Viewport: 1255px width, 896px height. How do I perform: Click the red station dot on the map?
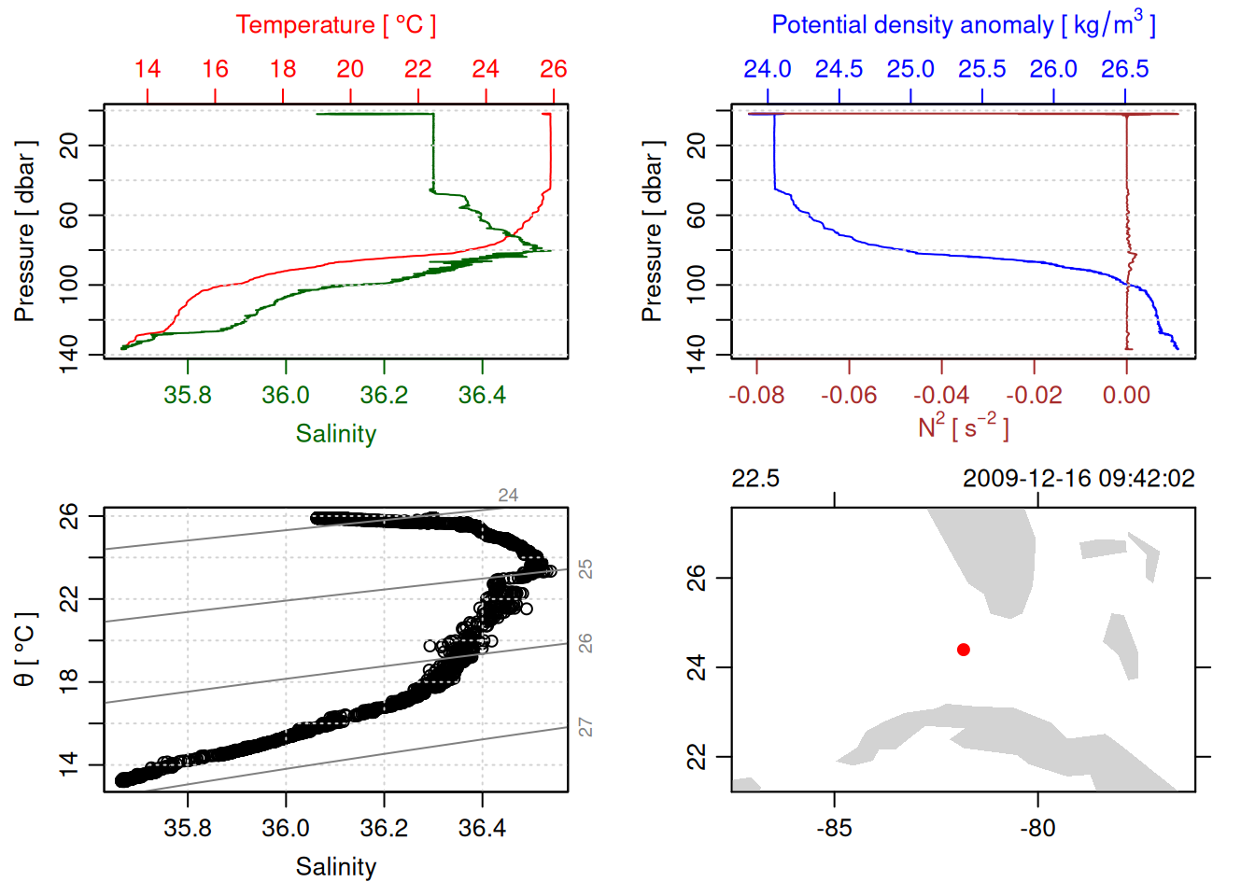pyautogui.click(x=963, y=649)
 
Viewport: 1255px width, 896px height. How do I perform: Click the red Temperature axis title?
pyautogui.click(x=335, y=24)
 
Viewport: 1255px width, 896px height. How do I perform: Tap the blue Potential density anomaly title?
pyautogui.click(x=963, y=24)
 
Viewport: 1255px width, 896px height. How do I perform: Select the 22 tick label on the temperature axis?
pyautogui.click(x=417, y=69)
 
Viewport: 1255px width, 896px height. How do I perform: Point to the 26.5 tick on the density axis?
pyautogui.click(x=1124, y=69)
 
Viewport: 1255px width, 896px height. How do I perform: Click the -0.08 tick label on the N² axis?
pyautogui.click(x=756, y=395)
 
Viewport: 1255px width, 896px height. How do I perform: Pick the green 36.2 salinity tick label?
pyautogui.click(x=384, y=395)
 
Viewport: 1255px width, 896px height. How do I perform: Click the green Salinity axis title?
pyautogui.click(x=335, y=434)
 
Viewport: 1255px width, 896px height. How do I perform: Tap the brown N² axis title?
pyautogui.click(x=963, y=427)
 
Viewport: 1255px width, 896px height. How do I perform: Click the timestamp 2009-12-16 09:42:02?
pyautogui.click(x=1079, y=479)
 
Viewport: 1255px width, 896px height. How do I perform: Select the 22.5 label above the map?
pyautogui.click(x=754, y=479)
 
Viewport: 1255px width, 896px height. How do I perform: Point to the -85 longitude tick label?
pyautogui.click(x=834, y=828)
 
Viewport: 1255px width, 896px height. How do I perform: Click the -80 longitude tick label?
pyautogui.click(x=1037, y=828)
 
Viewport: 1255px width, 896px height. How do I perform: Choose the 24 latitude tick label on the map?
pyautogui.click(x=697, y=667)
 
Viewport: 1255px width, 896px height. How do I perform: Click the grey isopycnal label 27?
pyautogui.click(x=585, y=727)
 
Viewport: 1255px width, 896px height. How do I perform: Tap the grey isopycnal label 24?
pyautogui.click(x=508, y=496)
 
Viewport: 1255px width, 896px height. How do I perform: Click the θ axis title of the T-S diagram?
pyautogui.click(x=24, y=650)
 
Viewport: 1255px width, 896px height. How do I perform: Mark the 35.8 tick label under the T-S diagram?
pyautogui.click(x=188, y=828)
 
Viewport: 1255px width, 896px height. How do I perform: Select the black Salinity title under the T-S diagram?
pyautogui.click(x=335, y=867)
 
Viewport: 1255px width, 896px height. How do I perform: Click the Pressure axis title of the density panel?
pyautogui.click(x=652, y=231)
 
